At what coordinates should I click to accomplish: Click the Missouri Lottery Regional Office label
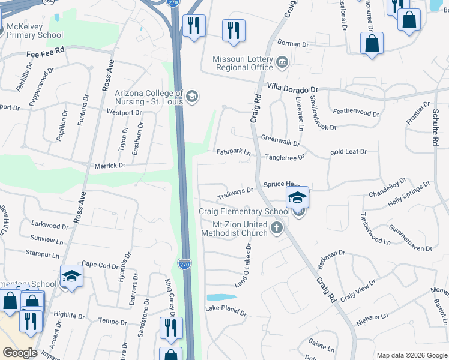[243, 63]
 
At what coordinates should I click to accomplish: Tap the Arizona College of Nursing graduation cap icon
[192, 97]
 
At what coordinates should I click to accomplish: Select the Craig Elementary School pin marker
[297, 197]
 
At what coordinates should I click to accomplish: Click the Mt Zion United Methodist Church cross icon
[276, 227]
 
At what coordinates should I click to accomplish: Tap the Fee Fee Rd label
[45, 53]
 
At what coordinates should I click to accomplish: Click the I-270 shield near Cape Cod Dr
[185, 263]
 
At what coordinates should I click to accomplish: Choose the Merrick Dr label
[110, 165]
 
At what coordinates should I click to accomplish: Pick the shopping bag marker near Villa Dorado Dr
[372, 43]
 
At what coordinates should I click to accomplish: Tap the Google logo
[20, 353]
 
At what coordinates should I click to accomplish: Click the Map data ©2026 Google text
[411, 355]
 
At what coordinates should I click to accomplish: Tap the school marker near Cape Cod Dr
[71, 276]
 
